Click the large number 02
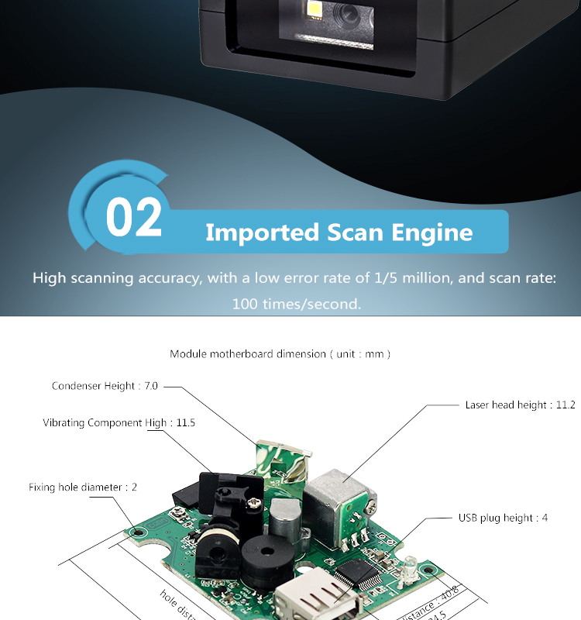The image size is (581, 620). coord(134,218)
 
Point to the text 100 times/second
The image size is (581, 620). coord(297,304)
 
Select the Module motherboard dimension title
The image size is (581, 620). coord(280,354)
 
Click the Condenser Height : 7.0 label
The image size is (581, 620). coord(104,386)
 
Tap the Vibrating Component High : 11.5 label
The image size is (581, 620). coord(119,423)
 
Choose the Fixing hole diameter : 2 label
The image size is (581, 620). coord(82,487)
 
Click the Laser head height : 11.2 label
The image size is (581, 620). coord(520,405)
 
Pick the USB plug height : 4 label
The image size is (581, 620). coord(503,518)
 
